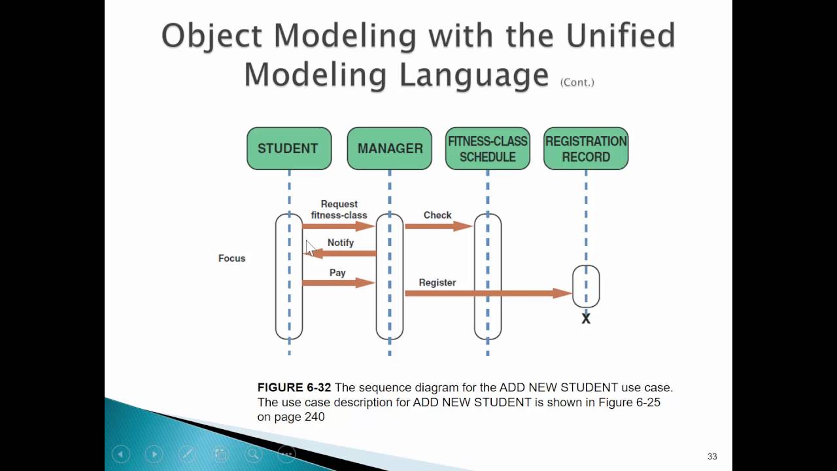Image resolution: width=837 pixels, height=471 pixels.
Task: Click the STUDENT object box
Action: click(289, 148)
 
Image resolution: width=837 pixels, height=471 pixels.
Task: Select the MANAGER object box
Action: click(390, 148)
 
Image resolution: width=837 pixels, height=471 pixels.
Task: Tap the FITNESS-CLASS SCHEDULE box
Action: click(487, 148)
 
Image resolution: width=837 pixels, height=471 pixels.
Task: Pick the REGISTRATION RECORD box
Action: click(586, 148)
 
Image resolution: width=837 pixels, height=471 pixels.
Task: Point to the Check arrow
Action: click(438, 226)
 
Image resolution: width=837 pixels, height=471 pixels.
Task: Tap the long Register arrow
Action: click(488, 294)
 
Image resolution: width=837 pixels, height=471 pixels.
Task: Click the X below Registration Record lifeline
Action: click(586, 319)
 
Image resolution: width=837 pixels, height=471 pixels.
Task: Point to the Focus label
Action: click(231, 258)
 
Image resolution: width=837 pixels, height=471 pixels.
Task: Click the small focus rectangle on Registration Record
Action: click(586, 286)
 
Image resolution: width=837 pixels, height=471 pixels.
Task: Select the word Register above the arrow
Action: click(437, 283)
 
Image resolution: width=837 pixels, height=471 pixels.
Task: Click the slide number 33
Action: click(712, 457)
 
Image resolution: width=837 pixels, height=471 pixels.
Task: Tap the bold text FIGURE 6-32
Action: click(294, 388)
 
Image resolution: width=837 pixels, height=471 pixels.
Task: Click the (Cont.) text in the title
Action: click(577, 82)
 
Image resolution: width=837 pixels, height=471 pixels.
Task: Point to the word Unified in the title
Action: click(621, 35)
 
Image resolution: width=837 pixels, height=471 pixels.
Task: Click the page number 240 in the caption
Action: click(314, 417)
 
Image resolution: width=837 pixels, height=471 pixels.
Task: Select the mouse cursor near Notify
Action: click(310, 248)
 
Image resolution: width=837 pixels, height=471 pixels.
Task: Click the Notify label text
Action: click(341, 243)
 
